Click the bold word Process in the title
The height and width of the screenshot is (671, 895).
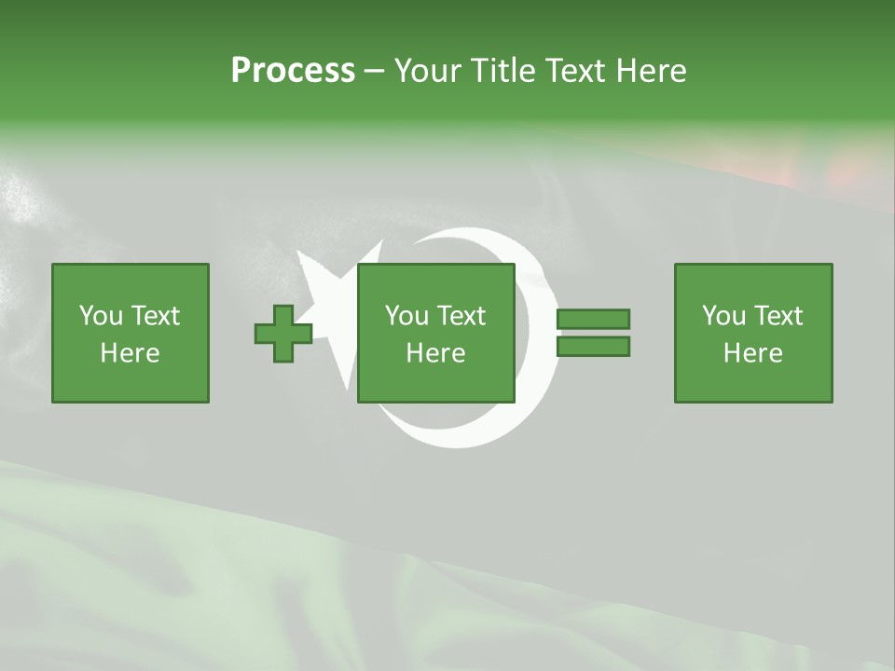[x=293, y=71]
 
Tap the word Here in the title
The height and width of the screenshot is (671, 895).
[x=651, y=71]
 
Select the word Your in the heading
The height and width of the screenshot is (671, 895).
[x=427, y=71]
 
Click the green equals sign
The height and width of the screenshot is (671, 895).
[x=593, y=333]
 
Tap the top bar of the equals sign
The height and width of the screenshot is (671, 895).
[x=593, y=320]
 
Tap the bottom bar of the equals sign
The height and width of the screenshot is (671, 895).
[x=593, y=347]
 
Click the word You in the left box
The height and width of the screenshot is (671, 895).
[x=101, y=316]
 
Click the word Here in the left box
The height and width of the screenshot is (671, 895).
[x=131, y=353]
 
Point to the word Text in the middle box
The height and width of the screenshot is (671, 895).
[x=461, y=316]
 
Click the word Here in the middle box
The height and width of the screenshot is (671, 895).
[x=436, y=353]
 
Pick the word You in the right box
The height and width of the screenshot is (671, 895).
[x=723, y=316]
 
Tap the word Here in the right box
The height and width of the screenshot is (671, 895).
[x=753, y=353]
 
